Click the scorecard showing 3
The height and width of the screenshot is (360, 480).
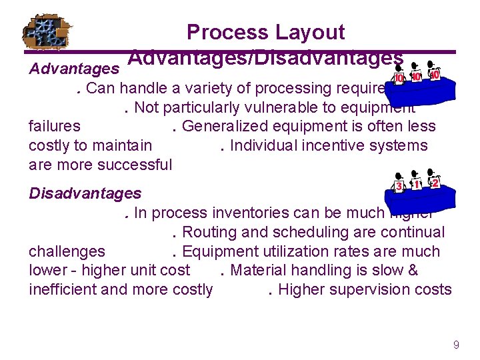(x=399, y=187)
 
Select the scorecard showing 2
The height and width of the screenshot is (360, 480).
(x=435, y=183)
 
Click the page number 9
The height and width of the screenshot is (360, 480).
(x=456, y=345)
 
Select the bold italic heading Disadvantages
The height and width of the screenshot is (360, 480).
(x=85, y=193)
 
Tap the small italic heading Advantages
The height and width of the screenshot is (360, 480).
(x=74, y=69)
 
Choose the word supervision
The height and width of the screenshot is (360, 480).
(x=367, y=289)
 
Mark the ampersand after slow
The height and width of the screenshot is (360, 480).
(x=412, y=270)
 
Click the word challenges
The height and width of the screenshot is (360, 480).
(x=67, y=251)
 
